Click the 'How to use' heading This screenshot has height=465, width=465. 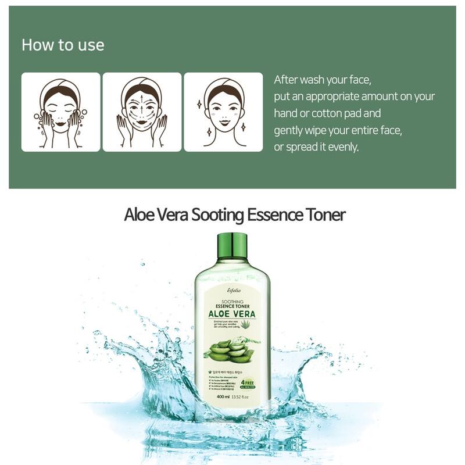63,45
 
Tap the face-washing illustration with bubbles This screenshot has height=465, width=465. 61,112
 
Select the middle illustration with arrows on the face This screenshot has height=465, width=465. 142,112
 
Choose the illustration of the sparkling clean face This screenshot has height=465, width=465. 223,112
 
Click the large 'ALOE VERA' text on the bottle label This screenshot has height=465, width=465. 232,314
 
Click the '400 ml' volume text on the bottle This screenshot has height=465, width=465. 224,398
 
